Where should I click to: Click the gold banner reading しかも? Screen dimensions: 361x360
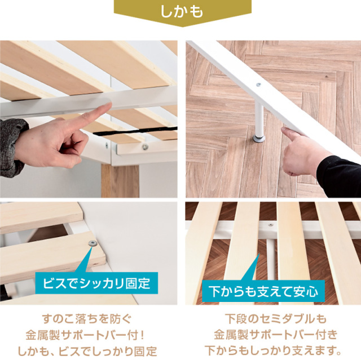[182, 12]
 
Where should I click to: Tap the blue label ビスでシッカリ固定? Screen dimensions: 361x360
[96, 283]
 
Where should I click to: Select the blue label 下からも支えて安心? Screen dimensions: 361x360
[263, 291]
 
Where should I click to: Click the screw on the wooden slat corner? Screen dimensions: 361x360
[93, 243]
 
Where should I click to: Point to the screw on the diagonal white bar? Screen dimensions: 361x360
[258, 85]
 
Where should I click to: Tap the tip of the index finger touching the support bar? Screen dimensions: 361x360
[109, 105]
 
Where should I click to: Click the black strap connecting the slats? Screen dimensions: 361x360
[135, 131]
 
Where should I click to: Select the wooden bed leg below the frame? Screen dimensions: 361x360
[120, 181]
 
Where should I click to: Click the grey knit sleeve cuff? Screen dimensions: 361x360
[11, 147]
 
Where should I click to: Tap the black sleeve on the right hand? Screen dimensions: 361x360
[340, 176]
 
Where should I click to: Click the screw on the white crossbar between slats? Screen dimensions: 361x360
[271, 225]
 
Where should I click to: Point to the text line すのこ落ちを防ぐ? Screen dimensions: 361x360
[87, 319]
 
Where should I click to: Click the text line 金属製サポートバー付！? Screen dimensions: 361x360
[85, 335]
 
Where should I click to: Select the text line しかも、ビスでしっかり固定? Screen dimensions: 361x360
[87, 351]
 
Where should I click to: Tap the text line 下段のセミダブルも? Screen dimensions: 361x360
[276, 319]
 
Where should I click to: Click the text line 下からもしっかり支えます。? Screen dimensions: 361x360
[273, 351]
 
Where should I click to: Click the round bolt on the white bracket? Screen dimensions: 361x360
[145, 146]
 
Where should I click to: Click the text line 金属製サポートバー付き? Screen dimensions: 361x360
[276, 335]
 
